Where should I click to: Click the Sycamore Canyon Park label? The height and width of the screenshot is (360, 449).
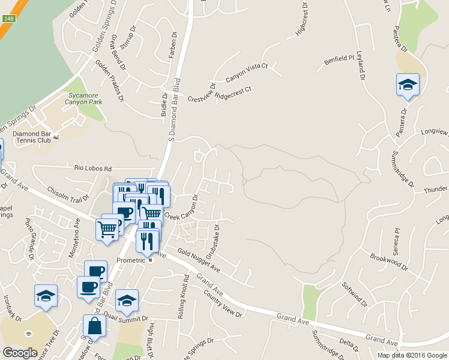coord(84,98)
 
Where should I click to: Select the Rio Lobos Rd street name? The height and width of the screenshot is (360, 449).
coord(93,169)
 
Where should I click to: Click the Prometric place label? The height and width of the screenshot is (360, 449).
coord(131,261)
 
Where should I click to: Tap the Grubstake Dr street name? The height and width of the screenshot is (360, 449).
coord(212,239)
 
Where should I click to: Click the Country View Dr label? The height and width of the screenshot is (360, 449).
coord(223,304)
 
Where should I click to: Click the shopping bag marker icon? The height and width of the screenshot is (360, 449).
coord(95,326)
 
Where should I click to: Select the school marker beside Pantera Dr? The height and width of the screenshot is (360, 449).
coord(408,85)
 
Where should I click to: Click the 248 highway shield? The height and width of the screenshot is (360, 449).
coord(8,19)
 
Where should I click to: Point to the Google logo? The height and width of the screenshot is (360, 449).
coord(20,353)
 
